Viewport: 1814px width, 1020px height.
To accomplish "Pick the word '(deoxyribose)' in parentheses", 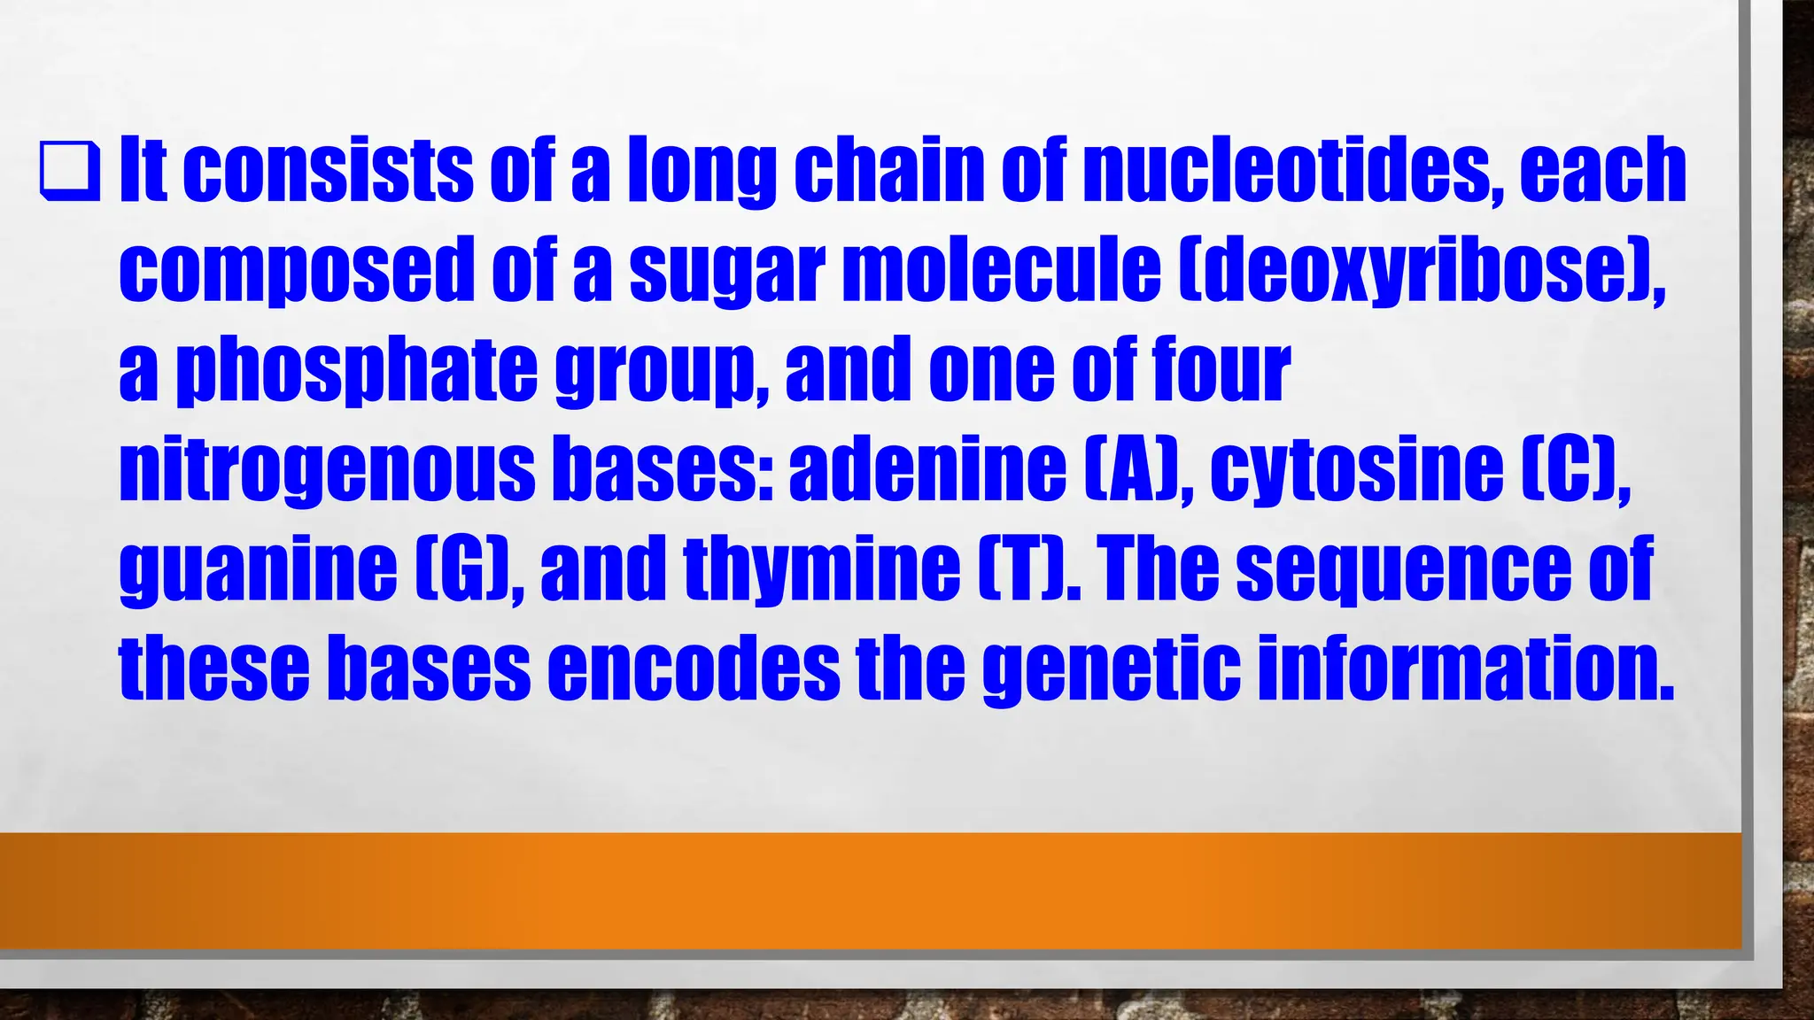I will point(1416,269).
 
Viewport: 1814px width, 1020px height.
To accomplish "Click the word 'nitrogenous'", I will point(327,469).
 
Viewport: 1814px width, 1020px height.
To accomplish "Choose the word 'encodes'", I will point(694,668).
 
